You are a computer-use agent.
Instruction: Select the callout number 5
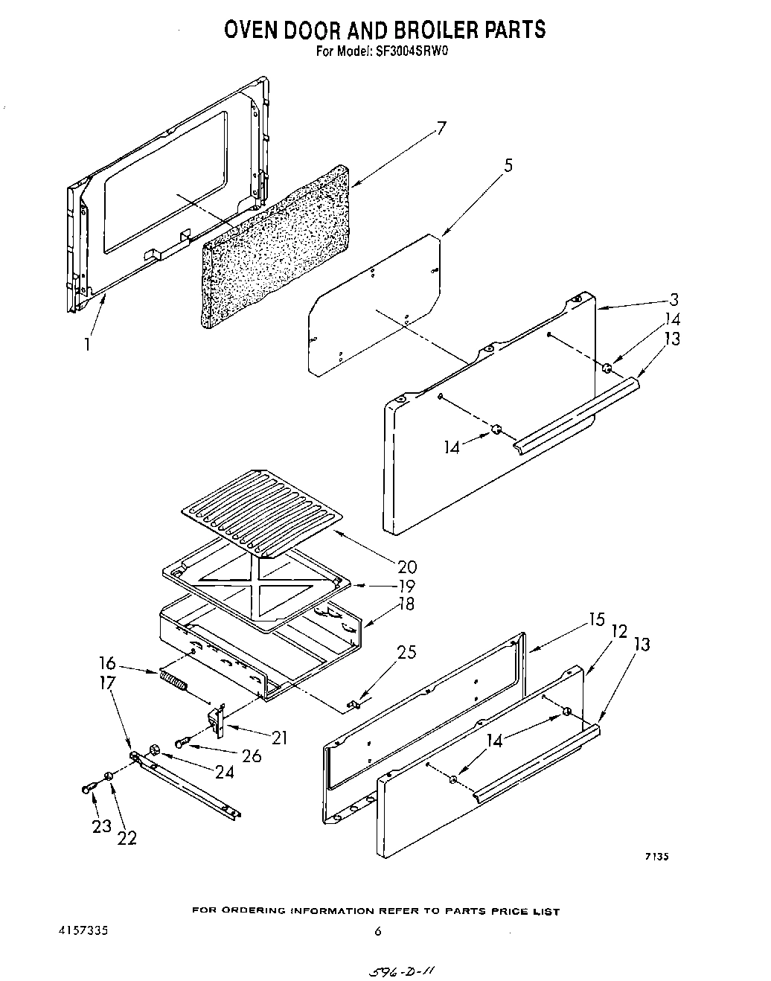pyautogui.click(x=508, y=166)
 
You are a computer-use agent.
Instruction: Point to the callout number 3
pyautogui.click(x=674, y=300)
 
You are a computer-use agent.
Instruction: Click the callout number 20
pyautogui.click(x=407, y=567)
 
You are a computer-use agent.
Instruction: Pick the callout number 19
pyautogui.click(x=406, y=586)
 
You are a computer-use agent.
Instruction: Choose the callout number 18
pyautogui.click(x=406, y=604)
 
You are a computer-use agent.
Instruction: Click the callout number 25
pyautogui.click(x=406, y=653)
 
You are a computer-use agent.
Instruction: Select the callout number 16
pyautogui.click(x=107, y=662)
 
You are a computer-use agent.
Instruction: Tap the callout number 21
pyautogui.click(x=280, y=738)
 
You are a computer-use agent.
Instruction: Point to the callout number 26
pyautogui.click(x=252, y=756)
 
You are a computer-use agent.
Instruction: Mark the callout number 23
pyautogui.click(x=101, y=825)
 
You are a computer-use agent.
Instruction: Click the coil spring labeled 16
pyautogui.click(x=172, y=680)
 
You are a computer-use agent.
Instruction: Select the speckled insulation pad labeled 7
pyautogui.click(x=275, y=246)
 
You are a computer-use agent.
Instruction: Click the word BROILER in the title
pyautogui.click(x=436, y=29)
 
